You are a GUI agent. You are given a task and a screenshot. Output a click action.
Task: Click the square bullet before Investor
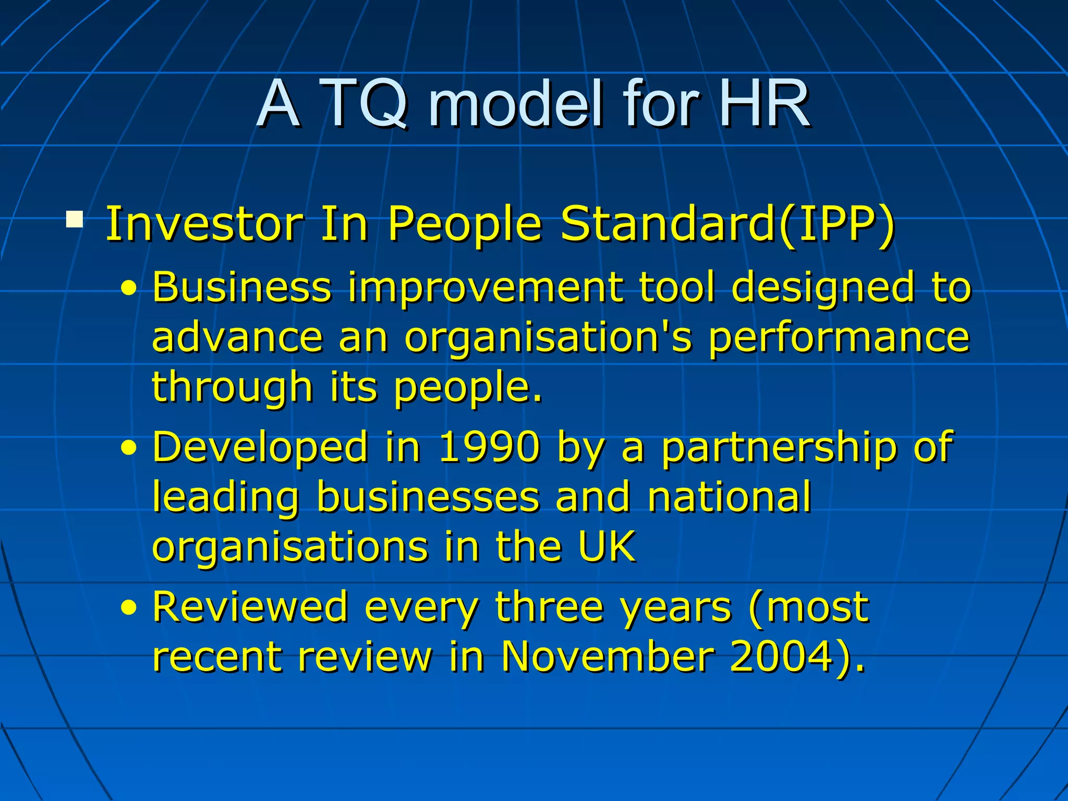(75, 219)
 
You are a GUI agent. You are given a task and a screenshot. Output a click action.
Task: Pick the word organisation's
(548, 338)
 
